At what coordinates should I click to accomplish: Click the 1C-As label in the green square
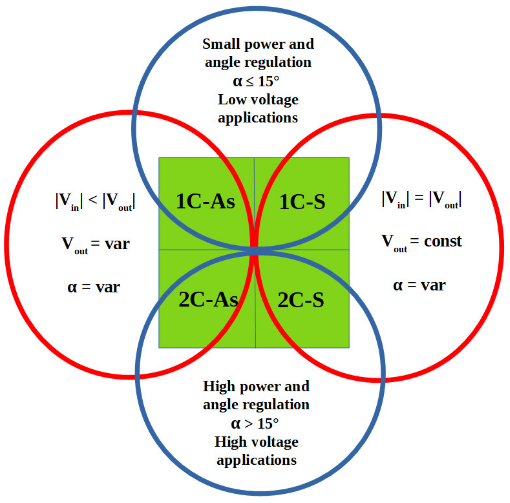click(x=205, y=202)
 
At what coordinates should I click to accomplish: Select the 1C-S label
click(x=302, y=202)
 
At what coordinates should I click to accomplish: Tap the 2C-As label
click(x=208, y=300)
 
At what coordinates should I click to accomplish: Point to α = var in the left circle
click(x=94, y=287)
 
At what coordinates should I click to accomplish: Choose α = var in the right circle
click(x=419, y=285)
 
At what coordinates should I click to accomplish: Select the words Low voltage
click(x=258, y=100)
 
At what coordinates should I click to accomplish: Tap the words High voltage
click(x=256, y=442)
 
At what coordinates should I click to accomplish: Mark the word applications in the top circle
click(x=258, y=118)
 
